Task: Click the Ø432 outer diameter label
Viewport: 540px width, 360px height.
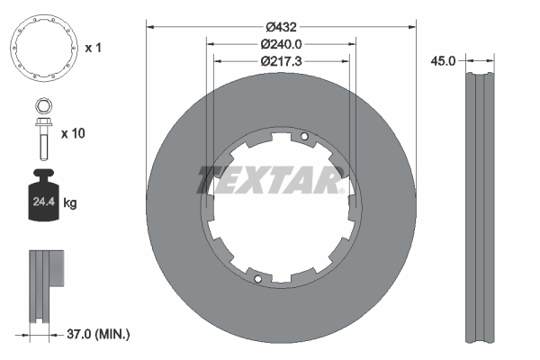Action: coord(281,24)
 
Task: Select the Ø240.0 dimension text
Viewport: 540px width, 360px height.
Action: coord(281,43)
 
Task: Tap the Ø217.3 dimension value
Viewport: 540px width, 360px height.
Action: coord(281,61)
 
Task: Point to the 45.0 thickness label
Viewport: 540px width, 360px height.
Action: coord(444,61)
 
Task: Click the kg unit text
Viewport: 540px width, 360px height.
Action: coord(70,203)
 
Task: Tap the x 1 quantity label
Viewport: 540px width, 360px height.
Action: coord(93,47)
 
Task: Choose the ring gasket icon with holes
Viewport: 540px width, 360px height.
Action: coord(42,47)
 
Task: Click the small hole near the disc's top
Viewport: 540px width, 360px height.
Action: coord(305,137)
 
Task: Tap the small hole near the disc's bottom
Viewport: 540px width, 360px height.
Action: coord(257,279)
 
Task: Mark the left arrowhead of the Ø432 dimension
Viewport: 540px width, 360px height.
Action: coord(150,24)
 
